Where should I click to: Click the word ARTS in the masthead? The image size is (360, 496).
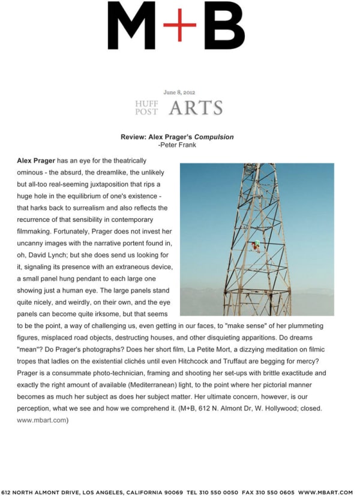[196, 109]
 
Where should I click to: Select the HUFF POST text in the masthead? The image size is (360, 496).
[147, 107]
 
